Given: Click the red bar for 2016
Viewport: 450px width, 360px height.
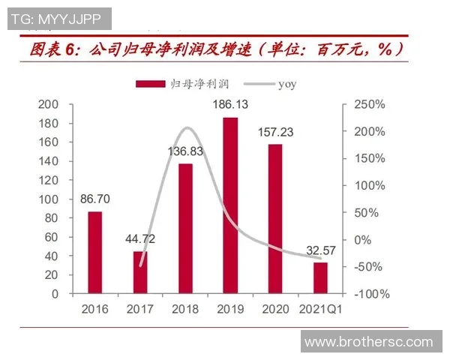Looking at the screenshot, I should [95, 253].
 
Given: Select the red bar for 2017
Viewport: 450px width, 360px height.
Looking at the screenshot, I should [140, 272].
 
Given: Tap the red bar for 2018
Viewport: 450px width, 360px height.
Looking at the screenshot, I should [185, 229].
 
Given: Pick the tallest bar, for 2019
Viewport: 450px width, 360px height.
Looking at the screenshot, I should [230, 205].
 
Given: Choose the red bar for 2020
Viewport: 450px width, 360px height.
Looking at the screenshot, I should [275, 219].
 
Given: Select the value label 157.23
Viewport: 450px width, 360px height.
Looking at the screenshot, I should [275, 130].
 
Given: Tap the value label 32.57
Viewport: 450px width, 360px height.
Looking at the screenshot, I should [320, 250].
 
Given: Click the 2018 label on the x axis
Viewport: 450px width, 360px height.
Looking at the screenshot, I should [185, 309].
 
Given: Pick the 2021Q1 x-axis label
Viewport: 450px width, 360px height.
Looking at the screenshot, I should [320, 309].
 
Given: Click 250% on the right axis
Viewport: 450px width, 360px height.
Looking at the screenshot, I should [370, 104].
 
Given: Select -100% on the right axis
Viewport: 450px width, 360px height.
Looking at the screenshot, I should [370, 294].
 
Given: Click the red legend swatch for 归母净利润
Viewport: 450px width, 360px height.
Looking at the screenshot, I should [150, 84].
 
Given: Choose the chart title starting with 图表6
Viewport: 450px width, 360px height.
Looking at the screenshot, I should [217, 50].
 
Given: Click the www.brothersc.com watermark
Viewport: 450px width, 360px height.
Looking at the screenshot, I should [368, 342].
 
